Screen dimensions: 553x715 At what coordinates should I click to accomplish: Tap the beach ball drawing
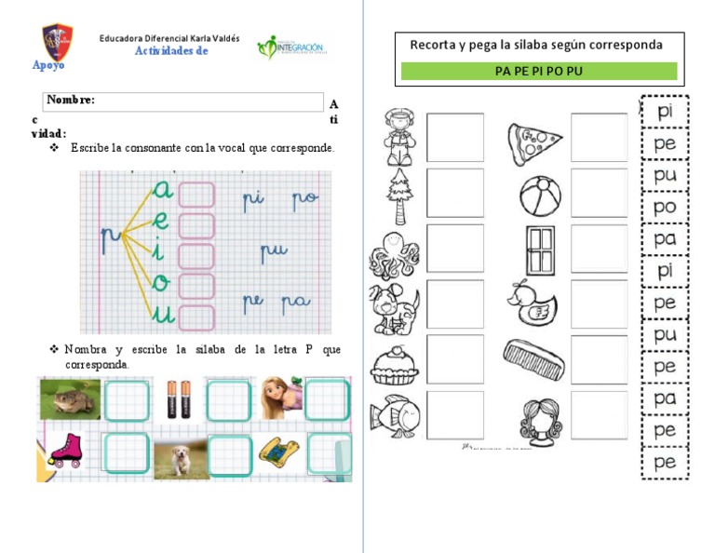click(x=539, y=195)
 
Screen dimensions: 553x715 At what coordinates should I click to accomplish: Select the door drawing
click(x=539, y=250)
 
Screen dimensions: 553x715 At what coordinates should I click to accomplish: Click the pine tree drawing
click(x=398, y=196)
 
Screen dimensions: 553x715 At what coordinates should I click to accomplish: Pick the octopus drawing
click(x=395, y=253)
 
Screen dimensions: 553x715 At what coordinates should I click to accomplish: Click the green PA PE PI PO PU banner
click(x=539, y=71)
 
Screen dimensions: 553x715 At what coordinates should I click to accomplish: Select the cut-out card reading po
click(x=665, y=208)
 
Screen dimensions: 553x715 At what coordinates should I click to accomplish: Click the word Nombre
click(x=71, y=101)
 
